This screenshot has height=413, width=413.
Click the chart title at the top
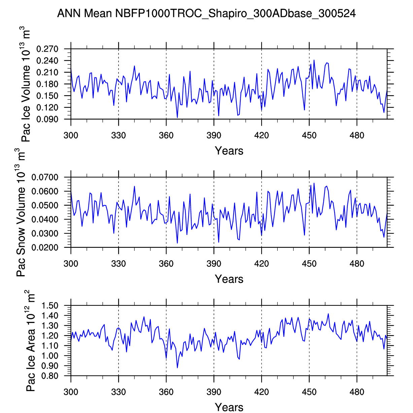[206, 13]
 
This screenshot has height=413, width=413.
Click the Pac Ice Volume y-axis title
[26, 86]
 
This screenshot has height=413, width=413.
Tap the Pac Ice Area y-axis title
[31, 341]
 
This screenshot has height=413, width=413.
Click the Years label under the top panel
[229, 151]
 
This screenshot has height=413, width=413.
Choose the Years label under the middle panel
[229, 279]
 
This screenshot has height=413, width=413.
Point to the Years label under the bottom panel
[229, 407]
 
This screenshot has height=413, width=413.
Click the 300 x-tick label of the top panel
[71, 136]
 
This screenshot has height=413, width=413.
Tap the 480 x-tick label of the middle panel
[357, 264]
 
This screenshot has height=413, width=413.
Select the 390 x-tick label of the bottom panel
[214, 392]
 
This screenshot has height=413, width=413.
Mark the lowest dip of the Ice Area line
[177, 368]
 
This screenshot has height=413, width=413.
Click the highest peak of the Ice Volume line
[314, 60]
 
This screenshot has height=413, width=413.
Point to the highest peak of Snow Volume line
[314, 183]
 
